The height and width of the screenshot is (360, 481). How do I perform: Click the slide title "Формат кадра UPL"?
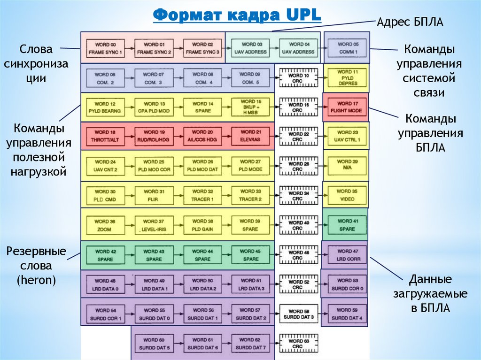(237, 15)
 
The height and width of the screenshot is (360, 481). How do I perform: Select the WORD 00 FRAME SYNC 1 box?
(105, 48)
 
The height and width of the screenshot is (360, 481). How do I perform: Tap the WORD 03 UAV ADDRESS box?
(249, 48)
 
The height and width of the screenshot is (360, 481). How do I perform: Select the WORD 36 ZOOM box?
(105, 225)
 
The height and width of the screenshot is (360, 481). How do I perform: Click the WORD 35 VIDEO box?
(347, 195)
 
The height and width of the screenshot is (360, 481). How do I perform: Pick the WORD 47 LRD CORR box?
(347, 255)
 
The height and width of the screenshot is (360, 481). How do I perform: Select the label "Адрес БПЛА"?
(410, 23)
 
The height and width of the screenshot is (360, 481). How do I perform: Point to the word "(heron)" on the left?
(36, 280)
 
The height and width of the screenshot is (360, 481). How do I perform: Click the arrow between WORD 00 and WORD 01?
(129, 48)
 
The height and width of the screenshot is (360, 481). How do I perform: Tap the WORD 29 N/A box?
(347, 166)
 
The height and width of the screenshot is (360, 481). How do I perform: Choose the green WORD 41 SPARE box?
(347, 225)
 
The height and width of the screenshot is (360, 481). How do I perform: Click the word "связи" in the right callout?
(429, 92)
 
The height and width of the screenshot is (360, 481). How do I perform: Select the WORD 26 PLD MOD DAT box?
(202, 166)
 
